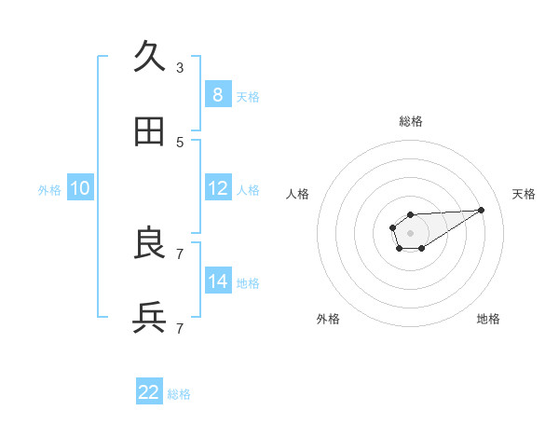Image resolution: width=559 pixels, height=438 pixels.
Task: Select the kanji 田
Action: tap(150, 131)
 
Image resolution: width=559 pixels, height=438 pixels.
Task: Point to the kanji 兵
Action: tap(150, 318)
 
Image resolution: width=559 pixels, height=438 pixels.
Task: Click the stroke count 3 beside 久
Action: tap(180, 67)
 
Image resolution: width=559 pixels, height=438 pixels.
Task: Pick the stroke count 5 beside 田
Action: tap(180, 142)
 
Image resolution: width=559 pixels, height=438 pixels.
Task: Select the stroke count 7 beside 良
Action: tap(180, 253)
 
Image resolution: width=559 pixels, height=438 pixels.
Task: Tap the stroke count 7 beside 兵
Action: tap(180, 328)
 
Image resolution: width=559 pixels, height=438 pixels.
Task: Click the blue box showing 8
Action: tap(218, 94)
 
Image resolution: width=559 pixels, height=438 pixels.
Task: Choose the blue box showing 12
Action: tap(218, 187)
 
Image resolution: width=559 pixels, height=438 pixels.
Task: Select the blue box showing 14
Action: tap(218, 281)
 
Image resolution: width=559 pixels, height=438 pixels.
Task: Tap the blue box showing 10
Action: tap(80, 187)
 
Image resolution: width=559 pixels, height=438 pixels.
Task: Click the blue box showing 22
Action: tap(149, 392)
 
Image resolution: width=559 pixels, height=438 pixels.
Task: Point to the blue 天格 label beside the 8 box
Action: tap(248, 97)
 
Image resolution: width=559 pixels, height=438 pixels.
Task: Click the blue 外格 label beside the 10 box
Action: tap(49, 190)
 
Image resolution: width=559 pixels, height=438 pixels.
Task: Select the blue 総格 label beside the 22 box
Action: tap(179, 395)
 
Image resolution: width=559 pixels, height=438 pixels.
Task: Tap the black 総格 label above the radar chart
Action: tap(410, 121)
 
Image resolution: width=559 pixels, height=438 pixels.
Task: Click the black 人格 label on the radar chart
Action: tap(298, 194)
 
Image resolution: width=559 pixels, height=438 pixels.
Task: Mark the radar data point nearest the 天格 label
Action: tap(482, 210)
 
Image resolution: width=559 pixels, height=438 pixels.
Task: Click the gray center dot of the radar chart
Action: tap(410, 232)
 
